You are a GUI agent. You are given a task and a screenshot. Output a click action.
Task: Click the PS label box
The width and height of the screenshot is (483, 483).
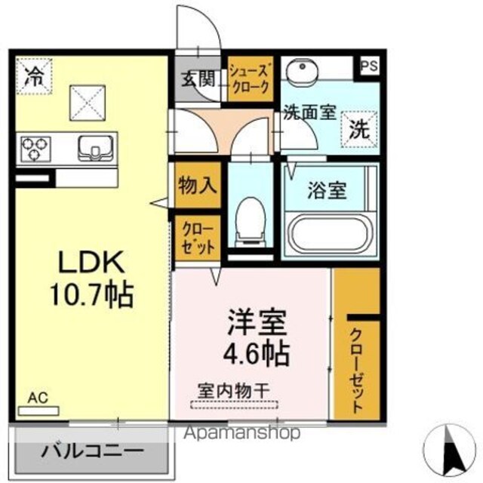coord(369,66)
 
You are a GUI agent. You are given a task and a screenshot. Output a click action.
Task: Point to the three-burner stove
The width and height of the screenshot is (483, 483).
coord(35,149)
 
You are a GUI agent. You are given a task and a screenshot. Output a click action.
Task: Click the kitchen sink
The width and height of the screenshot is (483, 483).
coord(96,149)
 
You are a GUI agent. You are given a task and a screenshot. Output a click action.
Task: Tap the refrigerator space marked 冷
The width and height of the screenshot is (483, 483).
coord(34,76)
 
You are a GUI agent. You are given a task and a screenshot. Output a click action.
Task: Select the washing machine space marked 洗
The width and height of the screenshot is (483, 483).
coord(360,129)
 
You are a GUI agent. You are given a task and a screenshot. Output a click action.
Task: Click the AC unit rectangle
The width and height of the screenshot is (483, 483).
coord(38,411)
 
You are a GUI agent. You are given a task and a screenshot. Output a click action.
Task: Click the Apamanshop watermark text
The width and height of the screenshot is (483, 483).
coord(241,432)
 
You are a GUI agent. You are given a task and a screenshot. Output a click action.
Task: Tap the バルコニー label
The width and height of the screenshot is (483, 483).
coord(92,452)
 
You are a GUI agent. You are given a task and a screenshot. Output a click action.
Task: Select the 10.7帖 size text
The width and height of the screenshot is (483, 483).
coord(91,295)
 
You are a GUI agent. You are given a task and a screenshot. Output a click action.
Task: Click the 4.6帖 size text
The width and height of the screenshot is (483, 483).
coord(256,353)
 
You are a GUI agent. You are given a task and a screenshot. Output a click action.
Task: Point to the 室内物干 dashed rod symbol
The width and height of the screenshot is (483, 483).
coord(235,405)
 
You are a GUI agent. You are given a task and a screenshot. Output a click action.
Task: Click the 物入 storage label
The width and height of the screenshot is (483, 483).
coord(198,186)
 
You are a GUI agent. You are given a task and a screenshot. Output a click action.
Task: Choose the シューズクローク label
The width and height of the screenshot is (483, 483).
coord(251,78)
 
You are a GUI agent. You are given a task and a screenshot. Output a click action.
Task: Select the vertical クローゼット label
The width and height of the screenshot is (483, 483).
coord(356,371)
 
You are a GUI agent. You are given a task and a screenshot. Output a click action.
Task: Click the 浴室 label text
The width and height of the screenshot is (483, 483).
coord(327,191)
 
